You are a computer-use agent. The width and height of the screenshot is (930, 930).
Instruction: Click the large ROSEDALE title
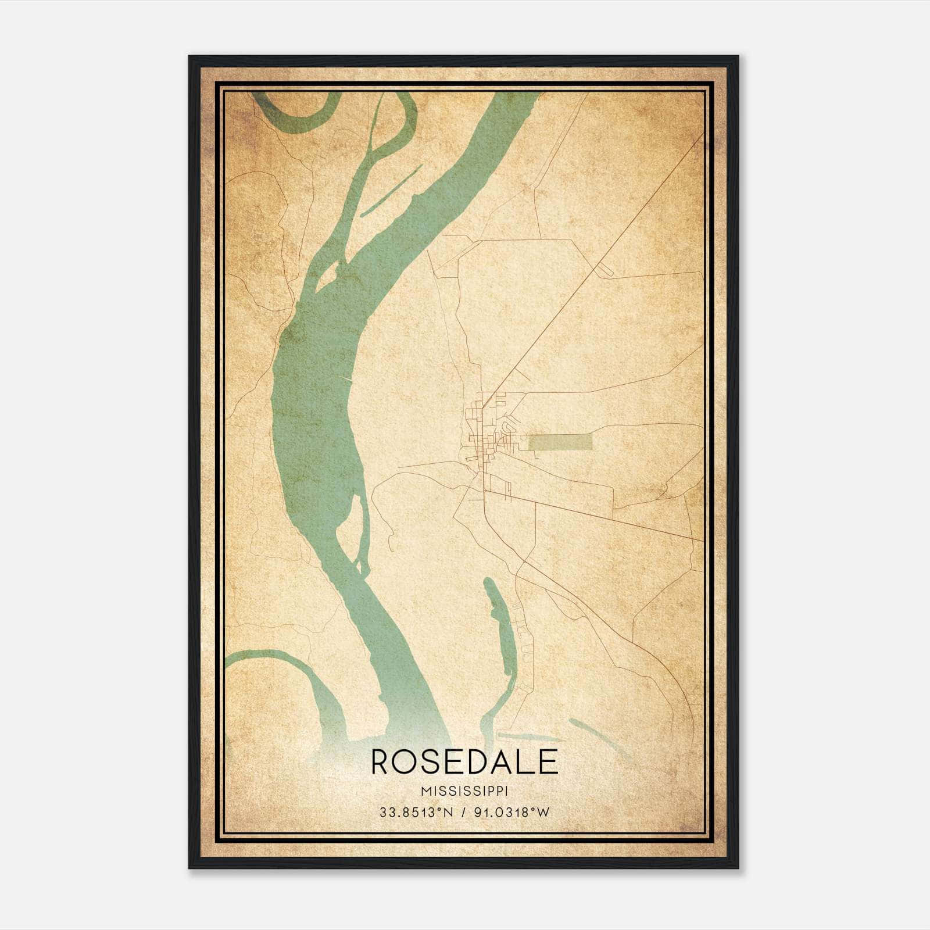464,762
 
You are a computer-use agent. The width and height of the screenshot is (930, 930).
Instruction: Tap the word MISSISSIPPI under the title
464,791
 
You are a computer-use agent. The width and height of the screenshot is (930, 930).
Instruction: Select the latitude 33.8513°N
414,813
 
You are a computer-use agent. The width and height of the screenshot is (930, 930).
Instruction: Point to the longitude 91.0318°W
512,813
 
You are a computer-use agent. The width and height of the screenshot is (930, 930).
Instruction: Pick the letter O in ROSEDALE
409,762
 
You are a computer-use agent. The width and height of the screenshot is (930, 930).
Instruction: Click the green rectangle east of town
560,442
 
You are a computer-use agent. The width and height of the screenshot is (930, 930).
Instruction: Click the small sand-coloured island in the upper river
328,276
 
